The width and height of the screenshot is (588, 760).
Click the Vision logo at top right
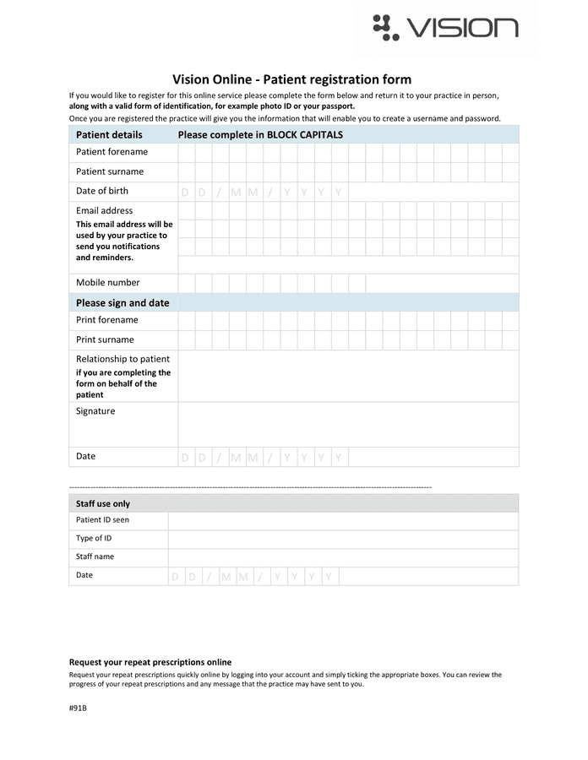tap(445, 28)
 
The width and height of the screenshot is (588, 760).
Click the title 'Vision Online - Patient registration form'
tap(291, 79)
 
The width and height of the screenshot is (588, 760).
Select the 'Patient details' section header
tap(109, 134)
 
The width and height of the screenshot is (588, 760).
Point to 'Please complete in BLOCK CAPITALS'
tap(260, 134)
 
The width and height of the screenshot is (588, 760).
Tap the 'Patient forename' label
tap(112, 152)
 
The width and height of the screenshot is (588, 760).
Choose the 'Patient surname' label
tap(110, 171)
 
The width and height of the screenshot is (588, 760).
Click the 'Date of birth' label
tap(102, 191)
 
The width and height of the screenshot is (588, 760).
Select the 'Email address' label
tap(104, 210)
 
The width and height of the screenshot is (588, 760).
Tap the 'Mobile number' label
tap(107, 282)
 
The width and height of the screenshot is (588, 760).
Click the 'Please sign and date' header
tap(122, 302)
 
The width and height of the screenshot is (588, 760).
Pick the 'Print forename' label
tap(106, 320)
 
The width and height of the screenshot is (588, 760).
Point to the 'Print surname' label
tap(105, 339)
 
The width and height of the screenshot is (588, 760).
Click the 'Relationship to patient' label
tap(122, 359)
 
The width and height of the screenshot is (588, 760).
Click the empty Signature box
tap(347, 424)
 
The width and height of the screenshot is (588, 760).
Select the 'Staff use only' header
tap(103, 503)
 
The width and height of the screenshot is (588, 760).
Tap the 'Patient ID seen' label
tap(102, 520)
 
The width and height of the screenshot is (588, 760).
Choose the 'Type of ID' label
tap(94, 538)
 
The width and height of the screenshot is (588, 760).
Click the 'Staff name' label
tap(95, 556)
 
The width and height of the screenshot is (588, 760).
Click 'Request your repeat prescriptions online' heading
tap(150, 662)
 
